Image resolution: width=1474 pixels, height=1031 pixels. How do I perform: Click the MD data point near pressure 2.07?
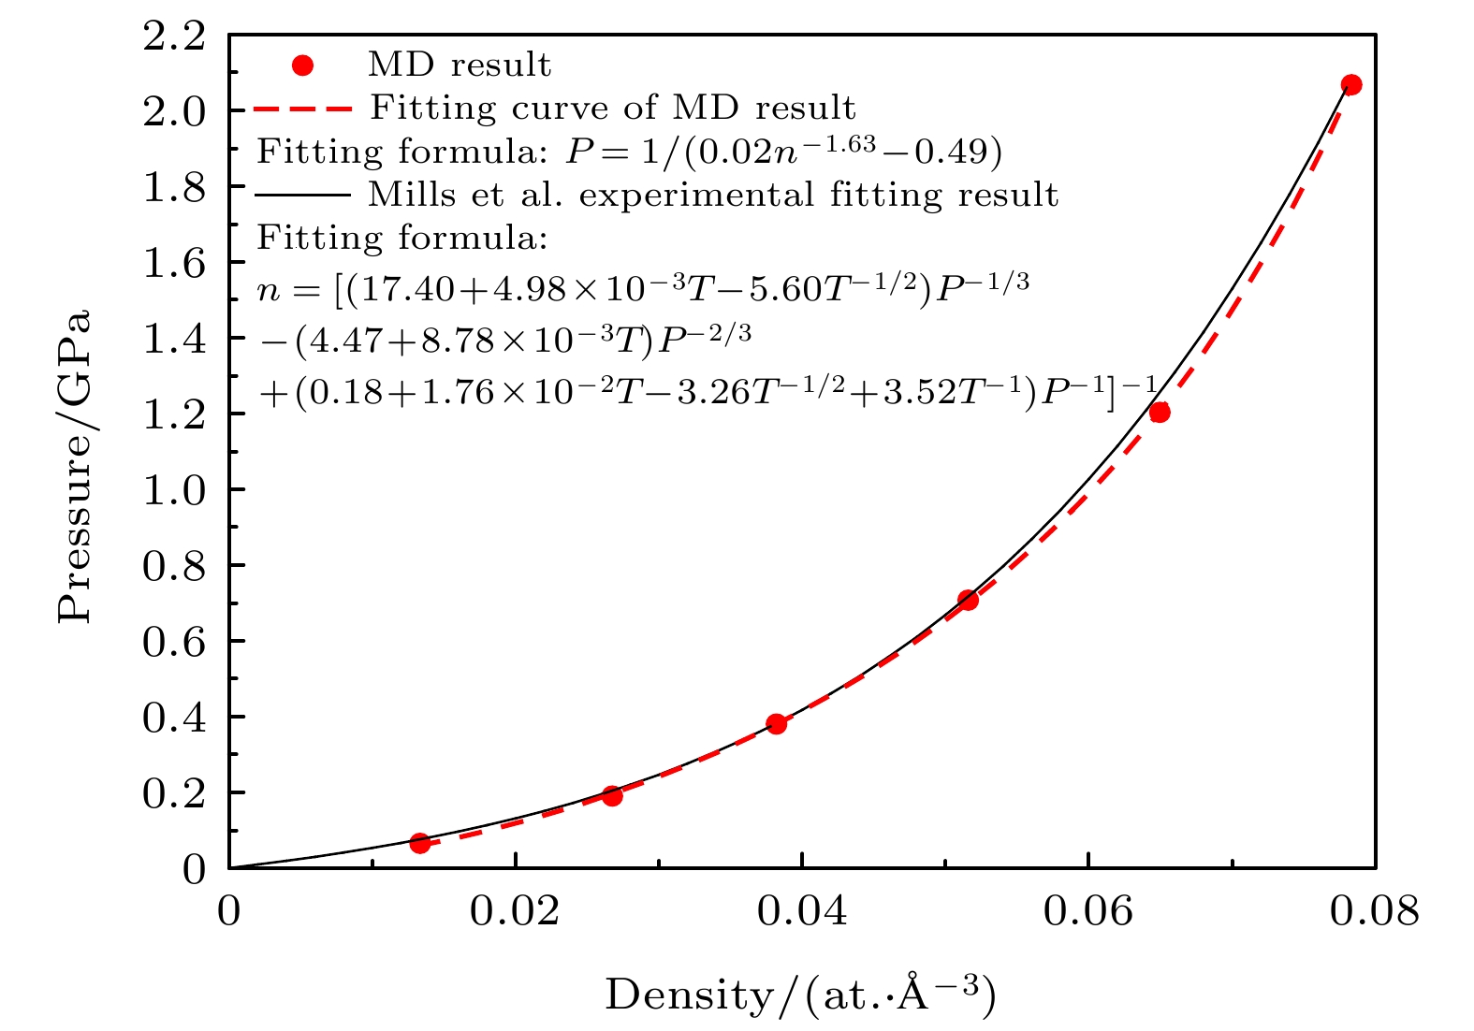point(1350,85)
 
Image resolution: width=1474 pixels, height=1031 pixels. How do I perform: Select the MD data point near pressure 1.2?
point(1160,412)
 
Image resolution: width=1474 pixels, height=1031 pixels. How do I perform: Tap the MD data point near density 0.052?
point(968,600)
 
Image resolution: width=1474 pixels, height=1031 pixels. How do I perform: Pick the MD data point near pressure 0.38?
point(776,723)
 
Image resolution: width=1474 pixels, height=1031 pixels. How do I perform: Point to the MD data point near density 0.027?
point(612,795)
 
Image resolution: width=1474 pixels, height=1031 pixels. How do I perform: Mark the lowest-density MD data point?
point(420,843)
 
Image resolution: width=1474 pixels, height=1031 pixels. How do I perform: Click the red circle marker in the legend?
point(302,65)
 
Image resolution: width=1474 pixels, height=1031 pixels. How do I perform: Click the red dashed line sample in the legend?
point(302,109)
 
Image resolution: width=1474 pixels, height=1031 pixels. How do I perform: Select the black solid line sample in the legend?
point(302,195)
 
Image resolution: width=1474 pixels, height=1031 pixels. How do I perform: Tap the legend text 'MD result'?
point(460,65)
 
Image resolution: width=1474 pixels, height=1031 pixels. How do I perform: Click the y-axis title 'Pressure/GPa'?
point(75,465)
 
